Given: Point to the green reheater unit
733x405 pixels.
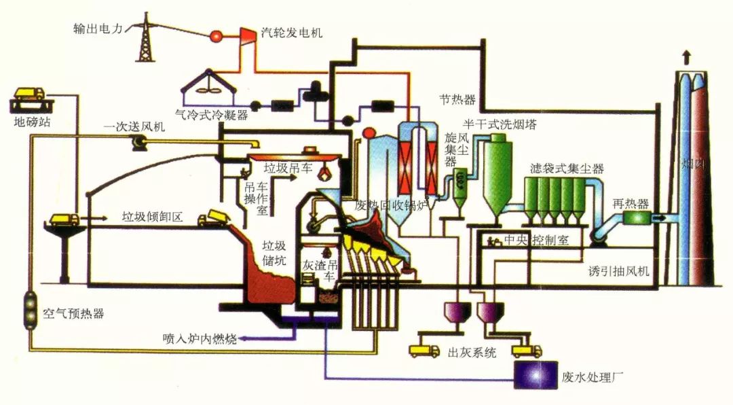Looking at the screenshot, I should [638, 218].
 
